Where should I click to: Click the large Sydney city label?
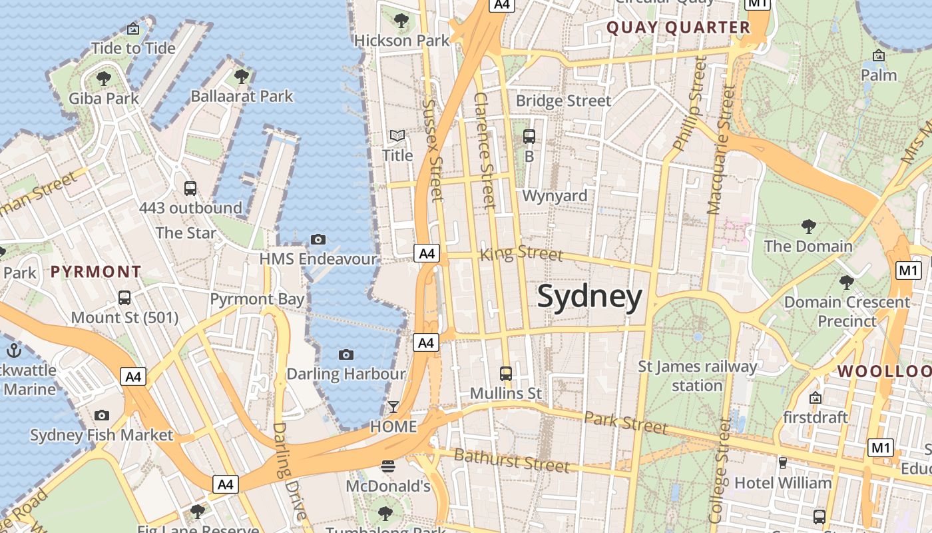[x=590, y=296]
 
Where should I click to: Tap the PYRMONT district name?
[x=96, y=272]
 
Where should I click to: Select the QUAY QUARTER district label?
[x=678, y=27]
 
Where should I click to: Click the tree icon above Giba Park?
[x=104, y=79]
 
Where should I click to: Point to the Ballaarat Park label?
[x=242, y=97]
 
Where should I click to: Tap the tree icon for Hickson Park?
[x=401, y=21]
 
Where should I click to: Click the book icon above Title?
[x=397, y=136]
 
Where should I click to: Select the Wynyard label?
[x=555, y=196]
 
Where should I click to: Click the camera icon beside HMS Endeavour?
[x=318, y=239]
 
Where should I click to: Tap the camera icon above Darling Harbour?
[x=346, y=354]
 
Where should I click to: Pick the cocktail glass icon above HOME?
[x=393, y=406]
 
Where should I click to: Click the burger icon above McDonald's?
[x=388, y=466]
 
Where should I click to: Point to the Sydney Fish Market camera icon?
[x=101, y=416]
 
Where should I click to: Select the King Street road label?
[x=521, y=253]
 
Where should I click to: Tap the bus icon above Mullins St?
[x=506, y=373]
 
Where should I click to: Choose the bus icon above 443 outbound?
[x=190, y=188]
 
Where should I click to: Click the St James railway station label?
[x=697, y=376]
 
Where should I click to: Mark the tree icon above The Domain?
[x=808, y=227]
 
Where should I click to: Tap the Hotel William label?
[x=783, y=482]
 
